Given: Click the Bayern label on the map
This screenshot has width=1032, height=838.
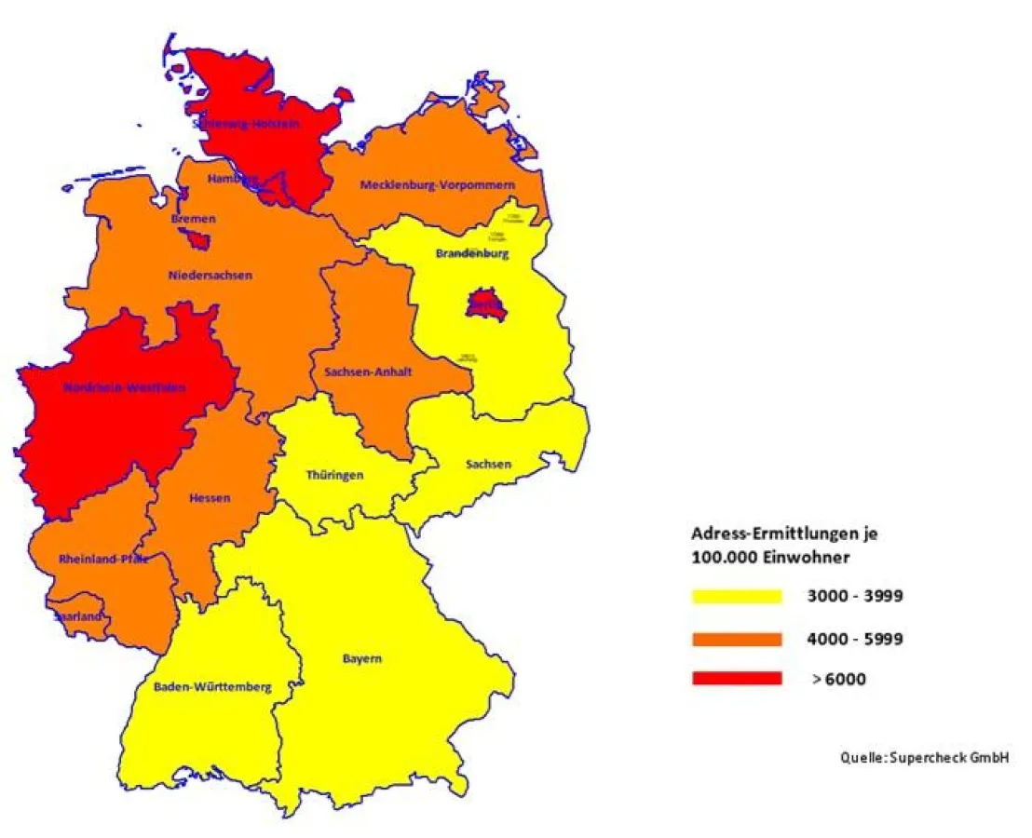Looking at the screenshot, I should (x=361, y=659).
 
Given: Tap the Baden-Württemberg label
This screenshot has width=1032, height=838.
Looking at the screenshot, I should (x=212, y=687).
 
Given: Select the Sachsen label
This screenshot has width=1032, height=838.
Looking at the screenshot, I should (x=488, y=464).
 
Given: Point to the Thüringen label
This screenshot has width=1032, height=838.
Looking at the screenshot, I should (x=334, y=475).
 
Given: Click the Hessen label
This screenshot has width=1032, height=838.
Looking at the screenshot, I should (x=210, y=498).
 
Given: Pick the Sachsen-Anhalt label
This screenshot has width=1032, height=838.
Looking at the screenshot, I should (x=369, y=372).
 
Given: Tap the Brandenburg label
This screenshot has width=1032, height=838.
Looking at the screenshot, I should (x=472, y=253).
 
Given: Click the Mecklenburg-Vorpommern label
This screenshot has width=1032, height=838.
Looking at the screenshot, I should (x=437, y=185).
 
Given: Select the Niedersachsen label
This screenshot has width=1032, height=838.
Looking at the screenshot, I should (x=210, y=275).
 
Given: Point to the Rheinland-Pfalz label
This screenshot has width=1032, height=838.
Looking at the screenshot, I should (x=103, y=560).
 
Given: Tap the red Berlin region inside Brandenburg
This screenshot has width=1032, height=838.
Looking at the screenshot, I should (x=485, y=304).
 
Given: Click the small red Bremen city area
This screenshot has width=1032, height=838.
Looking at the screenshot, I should (x=197, y=240).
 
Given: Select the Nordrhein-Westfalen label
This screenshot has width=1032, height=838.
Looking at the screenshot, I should (x=124, y=387).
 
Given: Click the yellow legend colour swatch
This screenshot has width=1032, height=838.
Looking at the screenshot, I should (x=737, y=597).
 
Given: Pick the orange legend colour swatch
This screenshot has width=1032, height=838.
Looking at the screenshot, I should (x=737, y=639).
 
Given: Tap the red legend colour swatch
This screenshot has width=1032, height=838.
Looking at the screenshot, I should (x=737, y=679).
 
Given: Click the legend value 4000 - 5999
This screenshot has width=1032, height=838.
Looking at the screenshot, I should (x=854, y=639).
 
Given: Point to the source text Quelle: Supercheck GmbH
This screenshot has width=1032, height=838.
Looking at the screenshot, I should (x=923, y=758).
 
